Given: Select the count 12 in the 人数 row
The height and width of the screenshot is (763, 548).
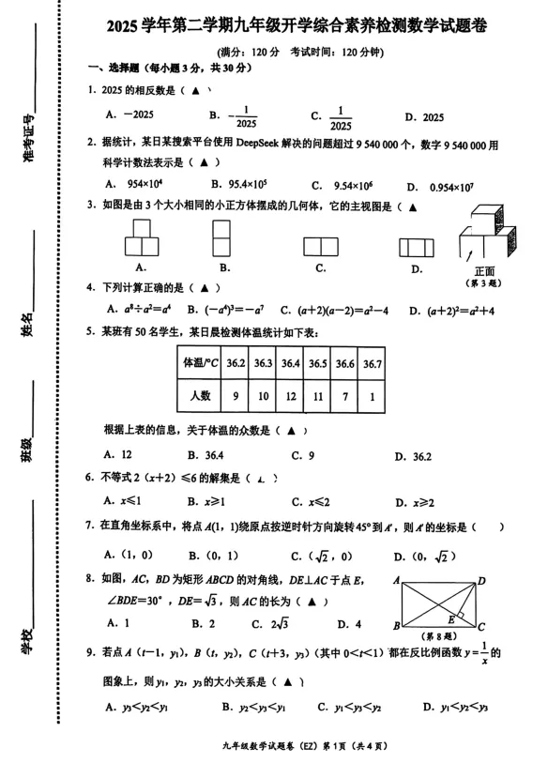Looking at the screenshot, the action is pyautogui.click(x=291, y=396).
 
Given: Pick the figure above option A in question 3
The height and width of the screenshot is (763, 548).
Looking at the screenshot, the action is pyautogui.click(x=141, y=238).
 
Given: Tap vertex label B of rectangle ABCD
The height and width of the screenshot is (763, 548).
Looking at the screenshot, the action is pyautogui.click(x=396, y=626).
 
